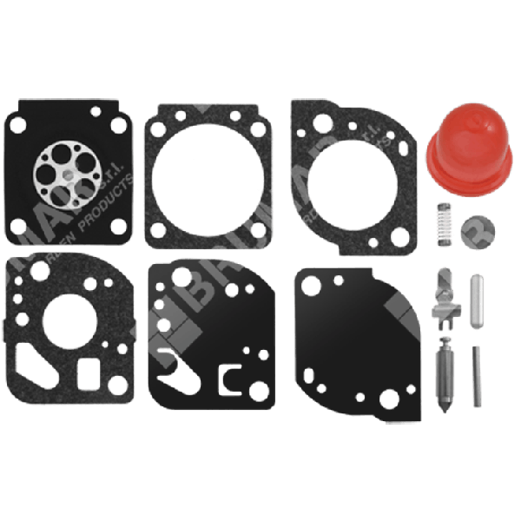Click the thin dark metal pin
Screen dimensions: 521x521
pyautogui.click(x=476, y=377)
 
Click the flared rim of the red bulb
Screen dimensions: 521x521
pyautogui.click(x=465, y=178)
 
